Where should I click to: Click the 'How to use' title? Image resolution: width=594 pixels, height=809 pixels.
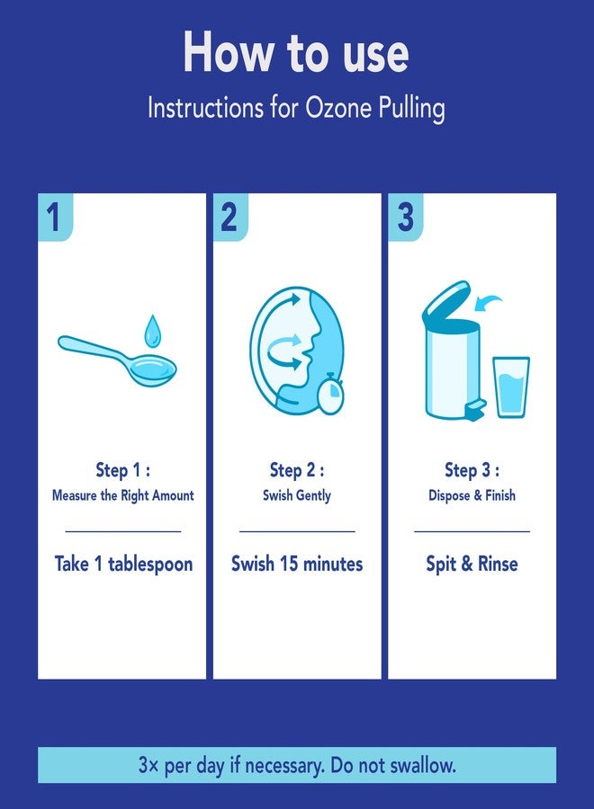coord(296,52)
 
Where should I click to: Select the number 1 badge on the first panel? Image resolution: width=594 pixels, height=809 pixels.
coord(55,217)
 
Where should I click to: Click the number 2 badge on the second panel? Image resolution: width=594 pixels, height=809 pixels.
coord(229,217)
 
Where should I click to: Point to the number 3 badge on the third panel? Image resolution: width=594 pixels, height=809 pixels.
coord(405,217)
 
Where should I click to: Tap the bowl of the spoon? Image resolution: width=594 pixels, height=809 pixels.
coord(153,369)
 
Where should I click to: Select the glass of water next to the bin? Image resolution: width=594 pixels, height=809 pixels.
coord(511,387)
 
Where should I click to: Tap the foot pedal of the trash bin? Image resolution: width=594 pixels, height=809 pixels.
coord(475,410)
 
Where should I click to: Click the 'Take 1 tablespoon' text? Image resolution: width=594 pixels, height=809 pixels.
coord(123,564)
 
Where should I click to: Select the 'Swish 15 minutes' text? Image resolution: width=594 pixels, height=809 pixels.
coord(297,564)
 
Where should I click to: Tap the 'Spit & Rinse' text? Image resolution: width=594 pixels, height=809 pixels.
coord(472,564)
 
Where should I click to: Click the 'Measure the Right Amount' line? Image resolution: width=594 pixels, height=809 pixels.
coord(123,495)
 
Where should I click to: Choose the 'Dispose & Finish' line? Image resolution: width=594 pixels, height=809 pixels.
coord(472,495)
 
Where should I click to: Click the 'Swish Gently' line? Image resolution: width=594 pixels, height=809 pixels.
coord(297,495)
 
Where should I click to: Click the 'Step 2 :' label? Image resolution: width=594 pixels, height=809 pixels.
coord(297,470)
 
